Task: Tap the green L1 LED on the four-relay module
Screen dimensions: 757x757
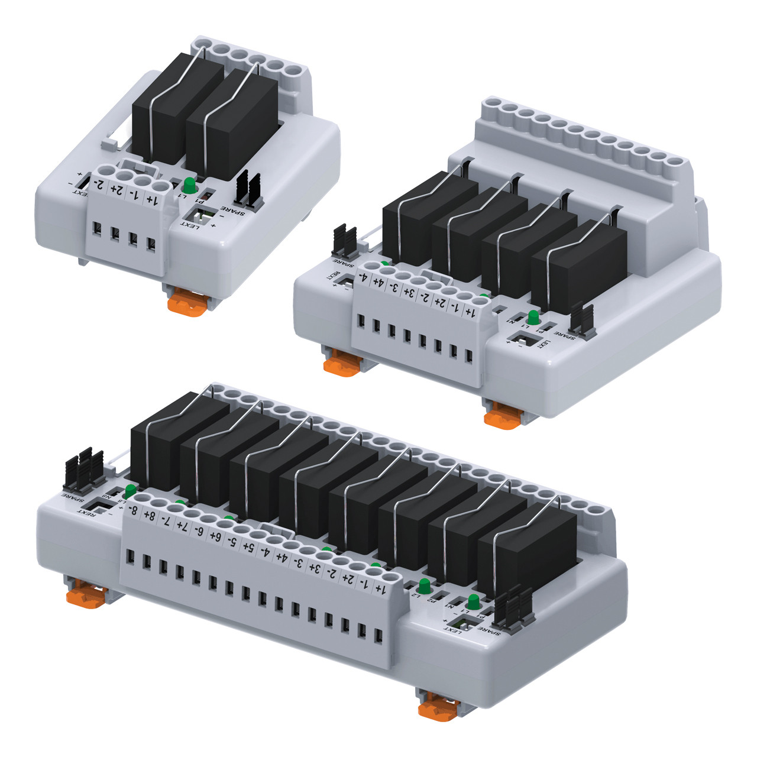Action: tap(533, 317)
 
